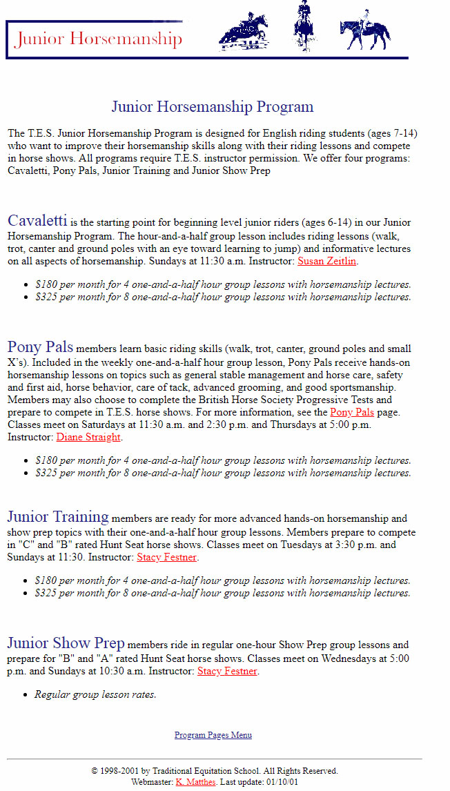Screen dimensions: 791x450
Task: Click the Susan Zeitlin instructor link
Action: (x=327, y=262)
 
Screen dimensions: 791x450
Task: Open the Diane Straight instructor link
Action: (x=88, y=437)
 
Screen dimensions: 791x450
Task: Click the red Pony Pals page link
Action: (x=352, y=412)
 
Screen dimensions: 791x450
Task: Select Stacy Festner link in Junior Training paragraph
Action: (x=167, y=557)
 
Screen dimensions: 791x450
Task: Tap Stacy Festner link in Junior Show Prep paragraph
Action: (x=227, y=671)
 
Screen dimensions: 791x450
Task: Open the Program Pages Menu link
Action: (x=213, y=735)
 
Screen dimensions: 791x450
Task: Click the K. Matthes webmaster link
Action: (x=195, y=782)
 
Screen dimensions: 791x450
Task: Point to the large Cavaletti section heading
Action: (x=37, y=221)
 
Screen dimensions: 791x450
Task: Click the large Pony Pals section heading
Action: (x=40, y=346)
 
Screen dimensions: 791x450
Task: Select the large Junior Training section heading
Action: (x=58, y=516)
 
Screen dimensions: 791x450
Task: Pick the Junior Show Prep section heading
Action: (x=66, y=643)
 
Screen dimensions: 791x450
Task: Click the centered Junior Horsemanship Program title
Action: (x=213, y=107)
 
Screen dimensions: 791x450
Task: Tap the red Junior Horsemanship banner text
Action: (x=99, y=39)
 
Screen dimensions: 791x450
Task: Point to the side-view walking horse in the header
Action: (x=365, y=33)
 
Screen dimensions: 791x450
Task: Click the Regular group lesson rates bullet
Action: (x=95, y=694)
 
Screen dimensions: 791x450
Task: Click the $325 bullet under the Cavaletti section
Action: (x=223, y=297)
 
